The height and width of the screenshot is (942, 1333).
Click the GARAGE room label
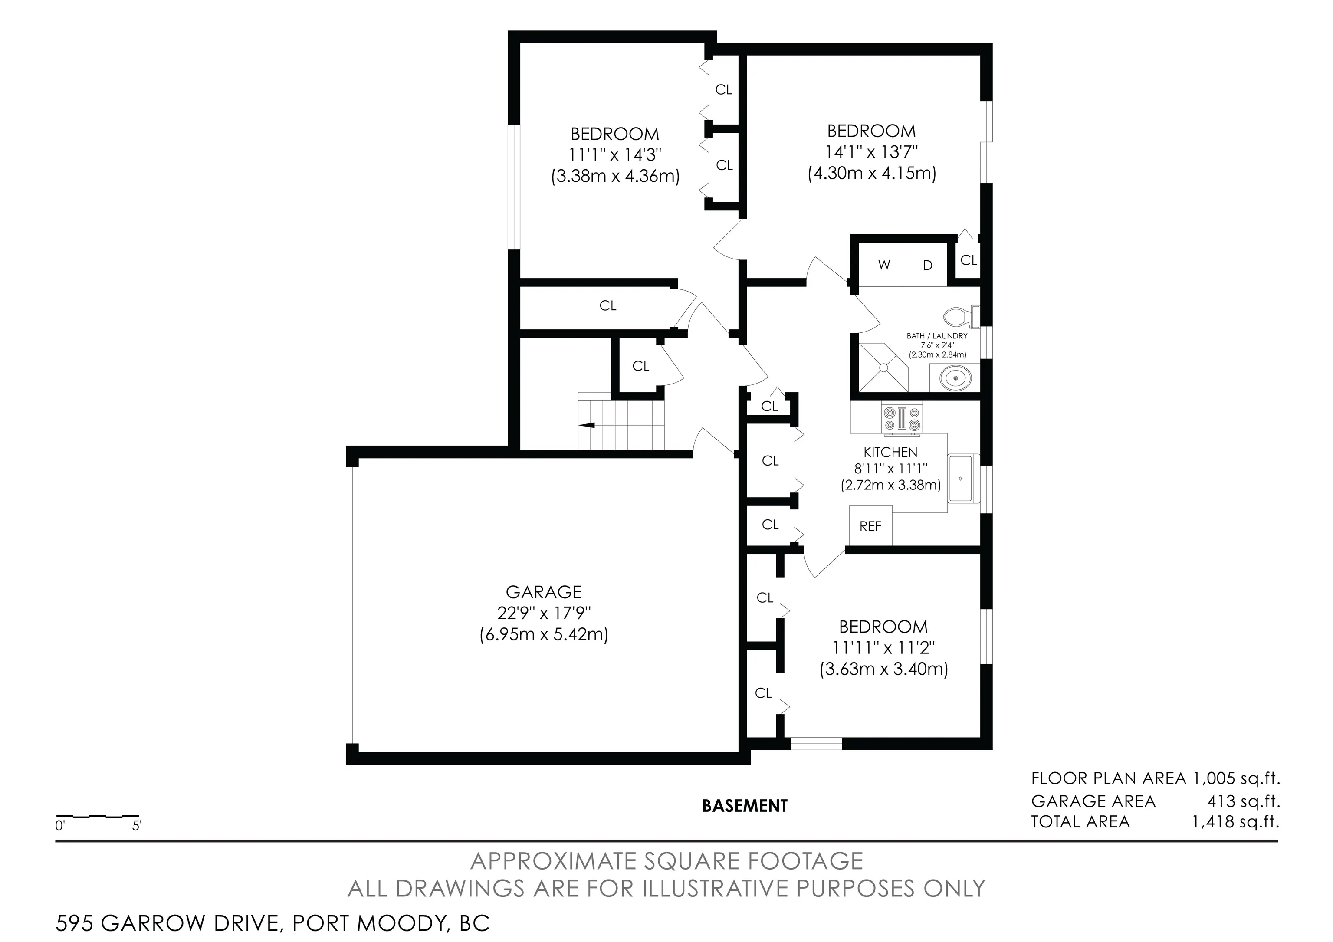pyautogui.click(x=543, y=592)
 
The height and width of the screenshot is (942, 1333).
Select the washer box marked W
pyautogui.click(x=883, y=265)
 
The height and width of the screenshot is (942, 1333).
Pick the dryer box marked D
pyautogui.click(x=927, y=265)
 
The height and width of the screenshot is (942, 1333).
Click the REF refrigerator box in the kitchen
pyautogui.click(x=870, y=526)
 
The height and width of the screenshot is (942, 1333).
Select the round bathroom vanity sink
pyautogui.click(x=955, y=378)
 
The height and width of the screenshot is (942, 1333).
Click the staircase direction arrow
pyautogui.click(x=587, y=425)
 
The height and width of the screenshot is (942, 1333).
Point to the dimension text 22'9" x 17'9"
pyautogui.click(x=543, y=613)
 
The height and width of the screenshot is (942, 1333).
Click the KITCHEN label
pyautogui.click(x=890, y=452)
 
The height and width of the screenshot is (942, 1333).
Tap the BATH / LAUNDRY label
pyautogui.click(x=937, y=336)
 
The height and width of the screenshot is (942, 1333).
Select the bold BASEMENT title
pyautogui.click(x=744, y=806)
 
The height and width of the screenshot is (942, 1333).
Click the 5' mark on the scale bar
pyautogui.click(x=136, y=825)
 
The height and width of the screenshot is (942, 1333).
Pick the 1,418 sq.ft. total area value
pyautogui.click(x=1235, y=822)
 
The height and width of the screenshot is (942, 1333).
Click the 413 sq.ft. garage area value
pyautogui.click(x=1244, y=801)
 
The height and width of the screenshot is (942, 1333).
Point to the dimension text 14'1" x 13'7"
pyautogui.click(x=871, y=152)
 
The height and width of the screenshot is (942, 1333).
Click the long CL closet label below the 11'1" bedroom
pyautogui.click(x=607, y=305)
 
